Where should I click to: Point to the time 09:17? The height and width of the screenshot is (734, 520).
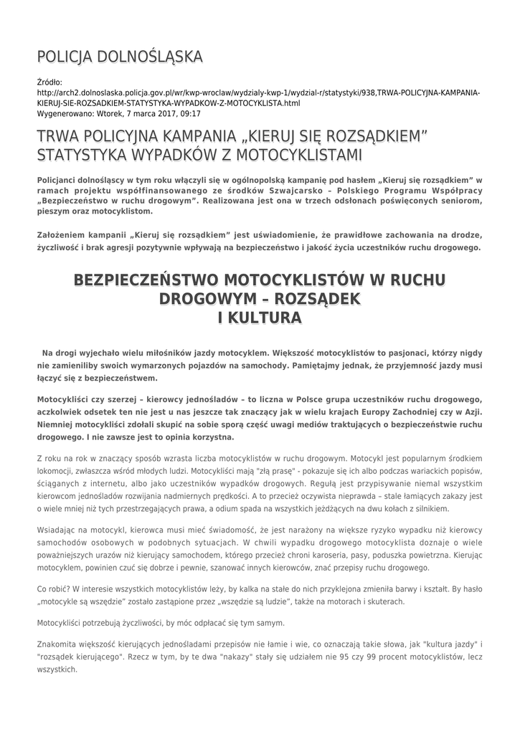coord(169,113)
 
